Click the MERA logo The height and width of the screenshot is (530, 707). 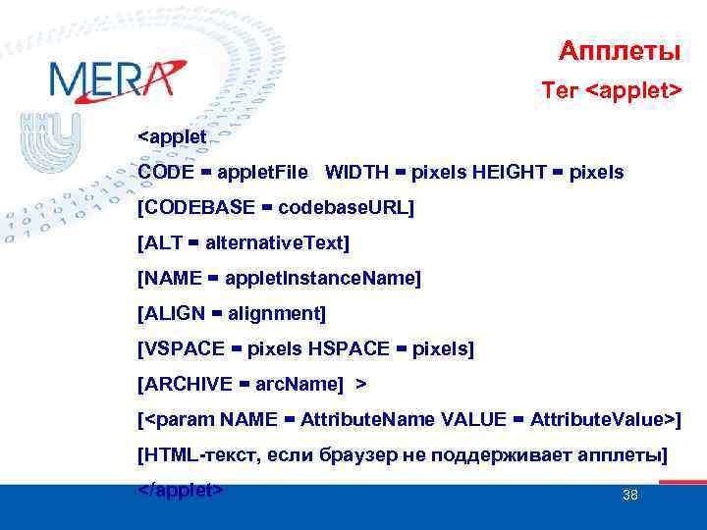(115, 79)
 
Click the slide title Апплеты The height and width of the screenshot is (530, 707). (619, 50)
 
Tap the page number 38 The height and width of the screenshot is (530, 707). (630, 495)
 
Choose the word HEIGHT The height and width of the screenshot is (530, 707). (509, 173)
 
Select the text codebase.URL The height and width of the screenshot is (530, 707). (344, 208)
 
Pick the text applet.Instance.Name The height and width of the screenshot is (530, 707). (320, 279)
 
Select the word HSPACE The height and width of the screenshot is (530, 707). (357, 349)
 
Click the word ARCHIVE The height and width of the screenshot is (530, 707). (189, 384)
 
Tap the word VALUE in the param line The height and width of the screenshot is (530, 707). (473, 420)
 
